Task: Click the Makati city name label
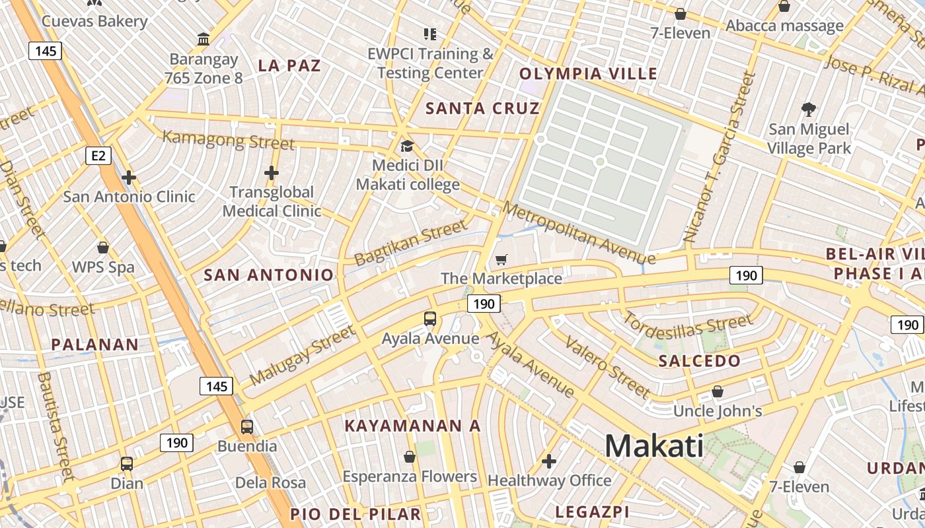[654, 445]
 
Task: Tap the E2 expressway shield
[98, 156]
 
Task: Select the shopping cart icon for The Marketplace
[501, 260]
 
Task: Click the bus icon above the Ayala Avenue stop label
[430, 319]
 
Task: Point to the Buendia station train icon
[246, 427]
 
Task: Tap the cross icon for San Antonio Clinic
[129, 177]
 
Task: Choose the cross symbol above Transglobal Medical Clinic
[271, 173]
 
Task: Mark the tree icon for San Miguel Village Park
[808, 109]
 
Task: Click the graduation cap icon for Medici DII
[407, 146]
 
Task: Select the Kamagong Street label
[229, 140]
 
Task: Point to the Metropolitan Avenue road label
[578, 232]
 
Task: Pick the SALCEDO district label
[700, 361]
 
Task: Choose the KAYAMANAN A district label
[413, 426]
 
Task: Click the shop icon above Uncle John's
[718, 392]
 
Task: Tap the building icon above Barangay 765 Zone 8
[203, 40]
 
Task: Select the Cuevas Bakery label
[94, 21]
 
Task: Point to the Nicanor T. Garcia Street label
[720, 156]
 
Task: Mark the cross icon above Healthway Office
[549, 461]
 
